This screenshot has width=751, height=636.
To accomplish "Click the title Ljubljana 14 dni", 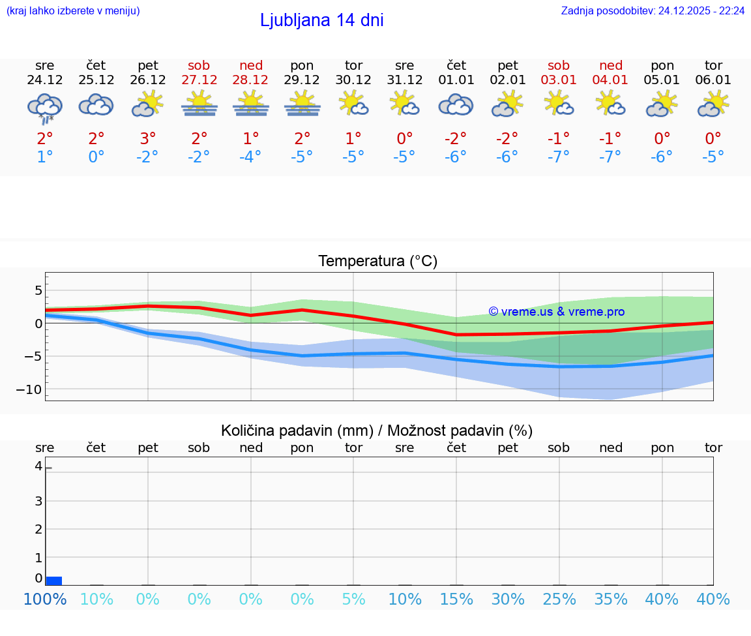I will [x=321, y=20].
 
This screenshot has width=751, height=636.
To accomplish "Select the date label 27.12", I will [x=199, y=80].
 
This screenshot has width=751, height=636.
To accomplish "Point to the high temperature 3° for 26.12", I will [x=148, y=139].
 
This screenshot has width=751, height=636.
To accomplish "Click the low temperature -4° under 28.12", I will [x=251, y=157].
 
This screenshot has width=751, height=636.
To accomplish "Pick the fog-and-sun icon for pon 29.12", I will [x=302, y=104].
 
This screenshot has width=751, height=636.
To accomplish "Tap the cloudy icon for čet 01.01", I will [x=456, y=104].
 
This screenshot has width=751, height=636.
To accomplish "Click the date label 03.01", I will [x=559, y=80].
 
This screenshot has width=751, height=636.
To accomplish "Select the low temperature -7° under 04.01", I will [x=610, y=157].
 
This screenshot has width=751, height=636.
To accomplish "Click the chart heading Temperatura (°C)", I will [x=377, y=262].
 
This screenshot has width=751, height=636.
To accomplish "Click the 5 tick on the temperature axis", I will [x=38, y=290].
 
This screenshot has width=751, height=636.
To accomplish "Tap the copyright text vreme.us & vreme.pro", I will [x=556, y=312].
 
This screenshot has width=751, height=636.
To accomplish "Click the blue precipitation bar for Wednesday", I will [x=54, y=581].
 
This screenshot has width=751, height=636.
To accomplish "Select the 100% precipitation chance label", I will [x=45, y=599].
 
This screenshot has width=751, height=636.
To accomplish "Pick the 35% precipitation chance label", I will [x=610, y=599].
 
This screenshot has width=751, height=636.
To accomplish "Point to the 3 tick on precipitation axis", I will [x=38, y=501].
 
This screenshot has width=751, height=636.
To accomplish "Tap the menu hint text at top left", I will [x=73, y=10].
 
